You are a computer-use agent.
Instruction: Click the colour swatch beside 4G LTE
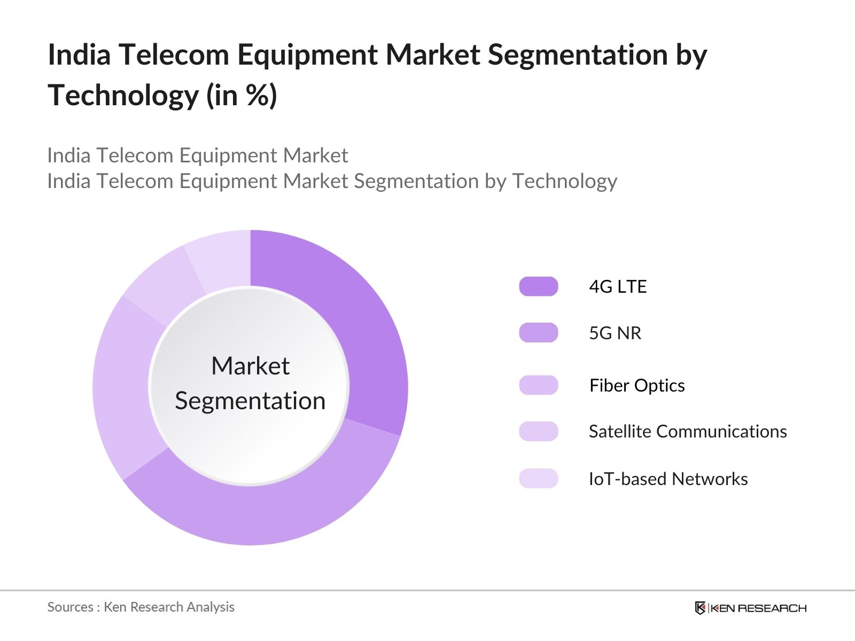538,286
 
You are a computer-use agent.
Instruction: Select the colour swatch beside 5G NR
538,333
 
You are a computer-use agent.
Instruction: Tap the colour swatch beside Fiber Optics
538,385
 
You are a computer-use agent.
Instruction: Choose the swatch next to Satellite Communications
538,431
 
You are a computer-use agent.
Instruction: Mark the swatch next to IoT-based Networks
538,479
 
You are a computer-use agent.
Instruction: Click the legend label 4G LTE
618,287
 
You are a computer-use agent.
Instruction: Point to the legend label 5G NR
615,333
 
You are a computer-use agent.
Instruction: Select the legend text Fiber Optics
636,386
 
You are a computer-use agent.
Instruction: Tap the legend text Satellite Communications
688,432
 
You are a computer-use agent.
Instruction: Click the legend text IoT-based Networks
668,479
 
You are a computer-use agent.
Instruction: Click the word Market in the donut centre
250,366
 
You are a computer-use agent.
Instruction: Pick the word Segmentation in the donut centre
250,401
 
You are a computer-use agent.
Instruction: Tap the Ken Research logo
750,608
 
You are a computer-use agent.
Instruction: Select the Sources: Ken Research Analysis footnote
141,607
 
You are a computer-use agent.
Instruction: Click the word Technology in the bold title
123,96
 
